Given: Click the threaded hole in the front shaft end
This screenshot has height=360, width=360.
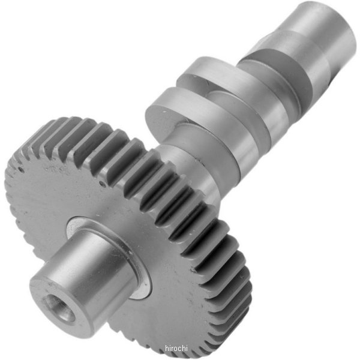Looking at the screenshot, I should pyautogui.click(x=61, y=311).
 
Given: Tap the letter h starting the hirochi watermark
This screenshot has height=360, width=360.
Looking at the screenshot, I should pyautogui.click(x=167, y=348).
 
